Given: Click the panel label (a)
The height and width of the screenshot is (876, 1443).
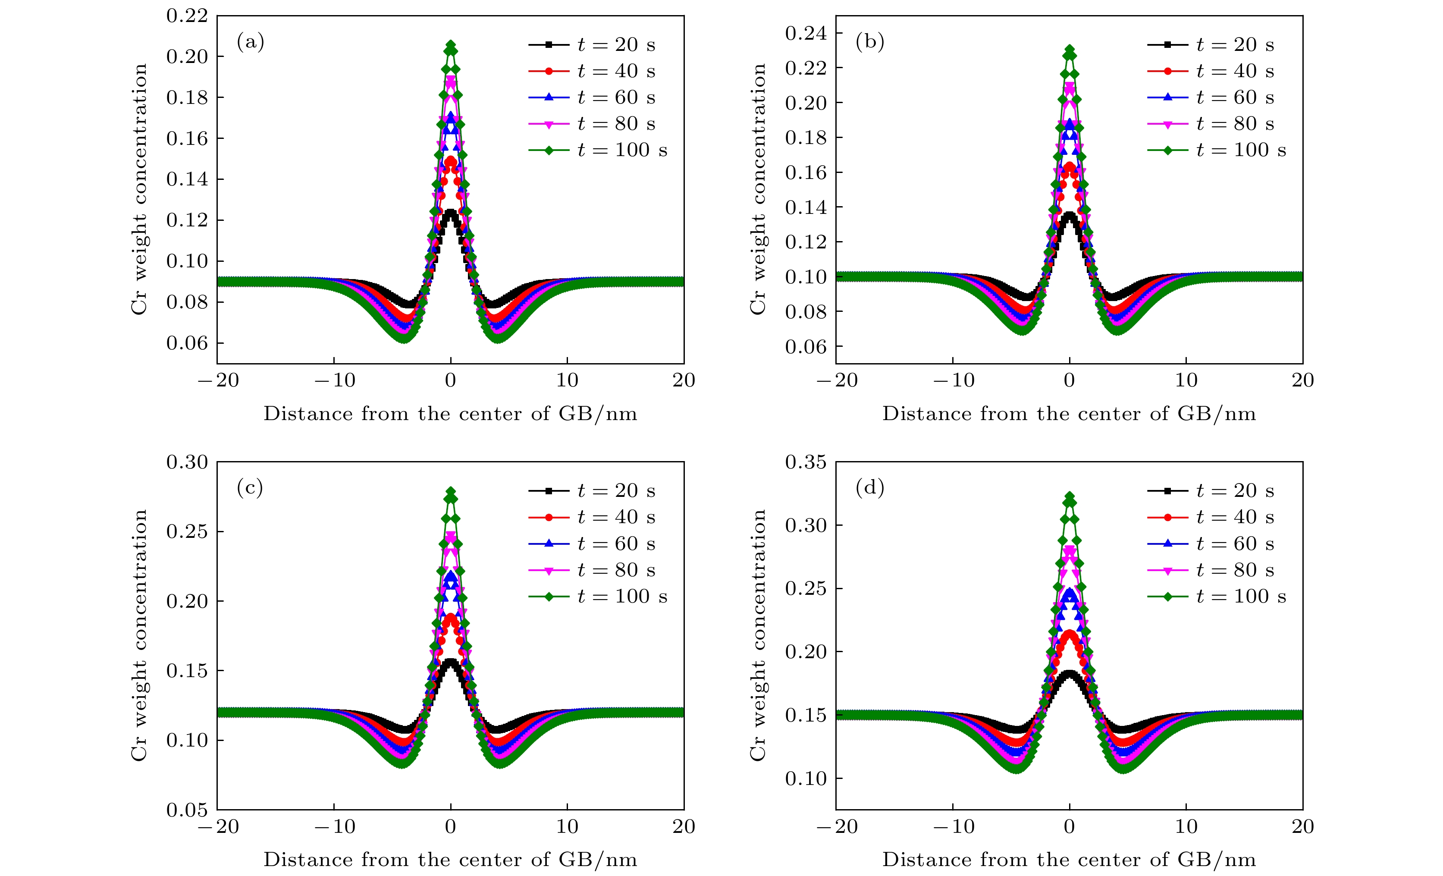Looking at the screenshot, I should pyautogui.click(x=251, y=42).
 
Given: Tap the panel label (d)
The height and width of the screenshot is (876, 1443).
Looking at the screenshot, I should pyautogui.click(x=870, y=488).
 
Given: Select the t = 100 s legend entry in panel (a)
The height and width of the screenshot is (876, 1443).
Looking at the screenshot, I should pyautogui.click(x=598, y=151).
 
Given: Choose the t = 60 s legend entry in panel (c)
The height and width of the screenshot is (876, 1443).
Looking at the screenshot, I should pyautogui.click(x=592, y=544).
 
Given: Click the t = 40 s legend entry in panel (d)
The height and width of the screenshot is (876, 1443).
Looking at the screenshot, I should pyautogui.click(x=1211, y=518).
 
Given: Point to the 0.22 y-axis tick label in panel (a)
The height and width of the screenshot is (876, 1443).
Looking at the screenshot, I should pyautogui.click(x=187, y=16).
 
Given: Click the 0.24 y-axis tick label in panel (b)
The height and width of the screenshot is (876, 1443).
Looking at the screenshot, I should pyautogui.click(x=806, y=33).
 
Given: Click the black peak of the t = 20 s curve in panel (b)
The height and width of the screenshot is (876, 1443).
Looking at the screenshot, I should pyautogui.click(x=1070, y=216).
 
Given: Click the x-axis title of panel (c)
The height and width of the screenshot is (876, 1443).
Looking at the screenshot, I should pyautogui.click(x=450, y=860).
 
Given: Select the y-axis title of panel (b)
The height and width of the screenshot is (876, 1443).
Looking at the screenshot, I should pyautogui.click(x=758, y=189).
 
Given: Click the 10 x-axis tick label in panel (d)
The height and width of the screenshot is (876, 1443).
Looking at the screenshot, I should pyautogui.click(x=1186, y=827).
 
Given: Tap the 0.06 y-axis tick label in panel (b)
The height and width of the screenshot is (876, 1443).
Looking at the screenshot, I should pyautogui.click(x=806, y=347).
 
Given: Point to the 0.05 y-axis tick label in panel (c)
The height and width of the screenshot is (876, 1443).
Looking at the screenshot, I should pyautogui.click(x=187, y=810).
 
